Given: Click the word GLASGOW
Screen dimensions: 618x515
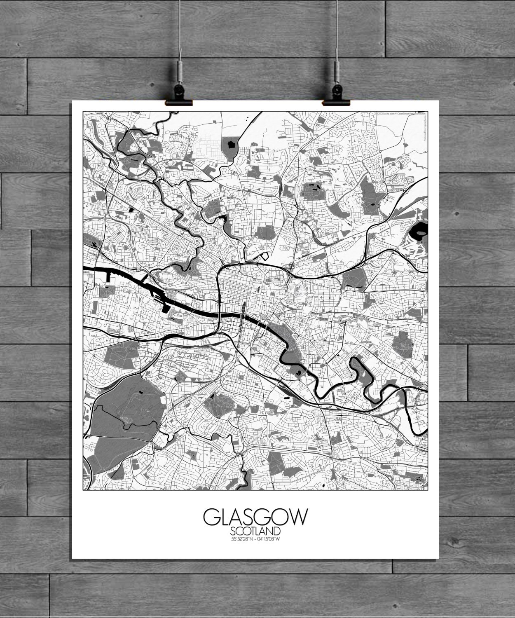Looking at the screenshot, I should (x=255, y=518).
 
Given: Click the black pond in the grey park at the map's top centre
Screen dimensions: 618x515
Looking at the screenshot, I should (x=230, y=144).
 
